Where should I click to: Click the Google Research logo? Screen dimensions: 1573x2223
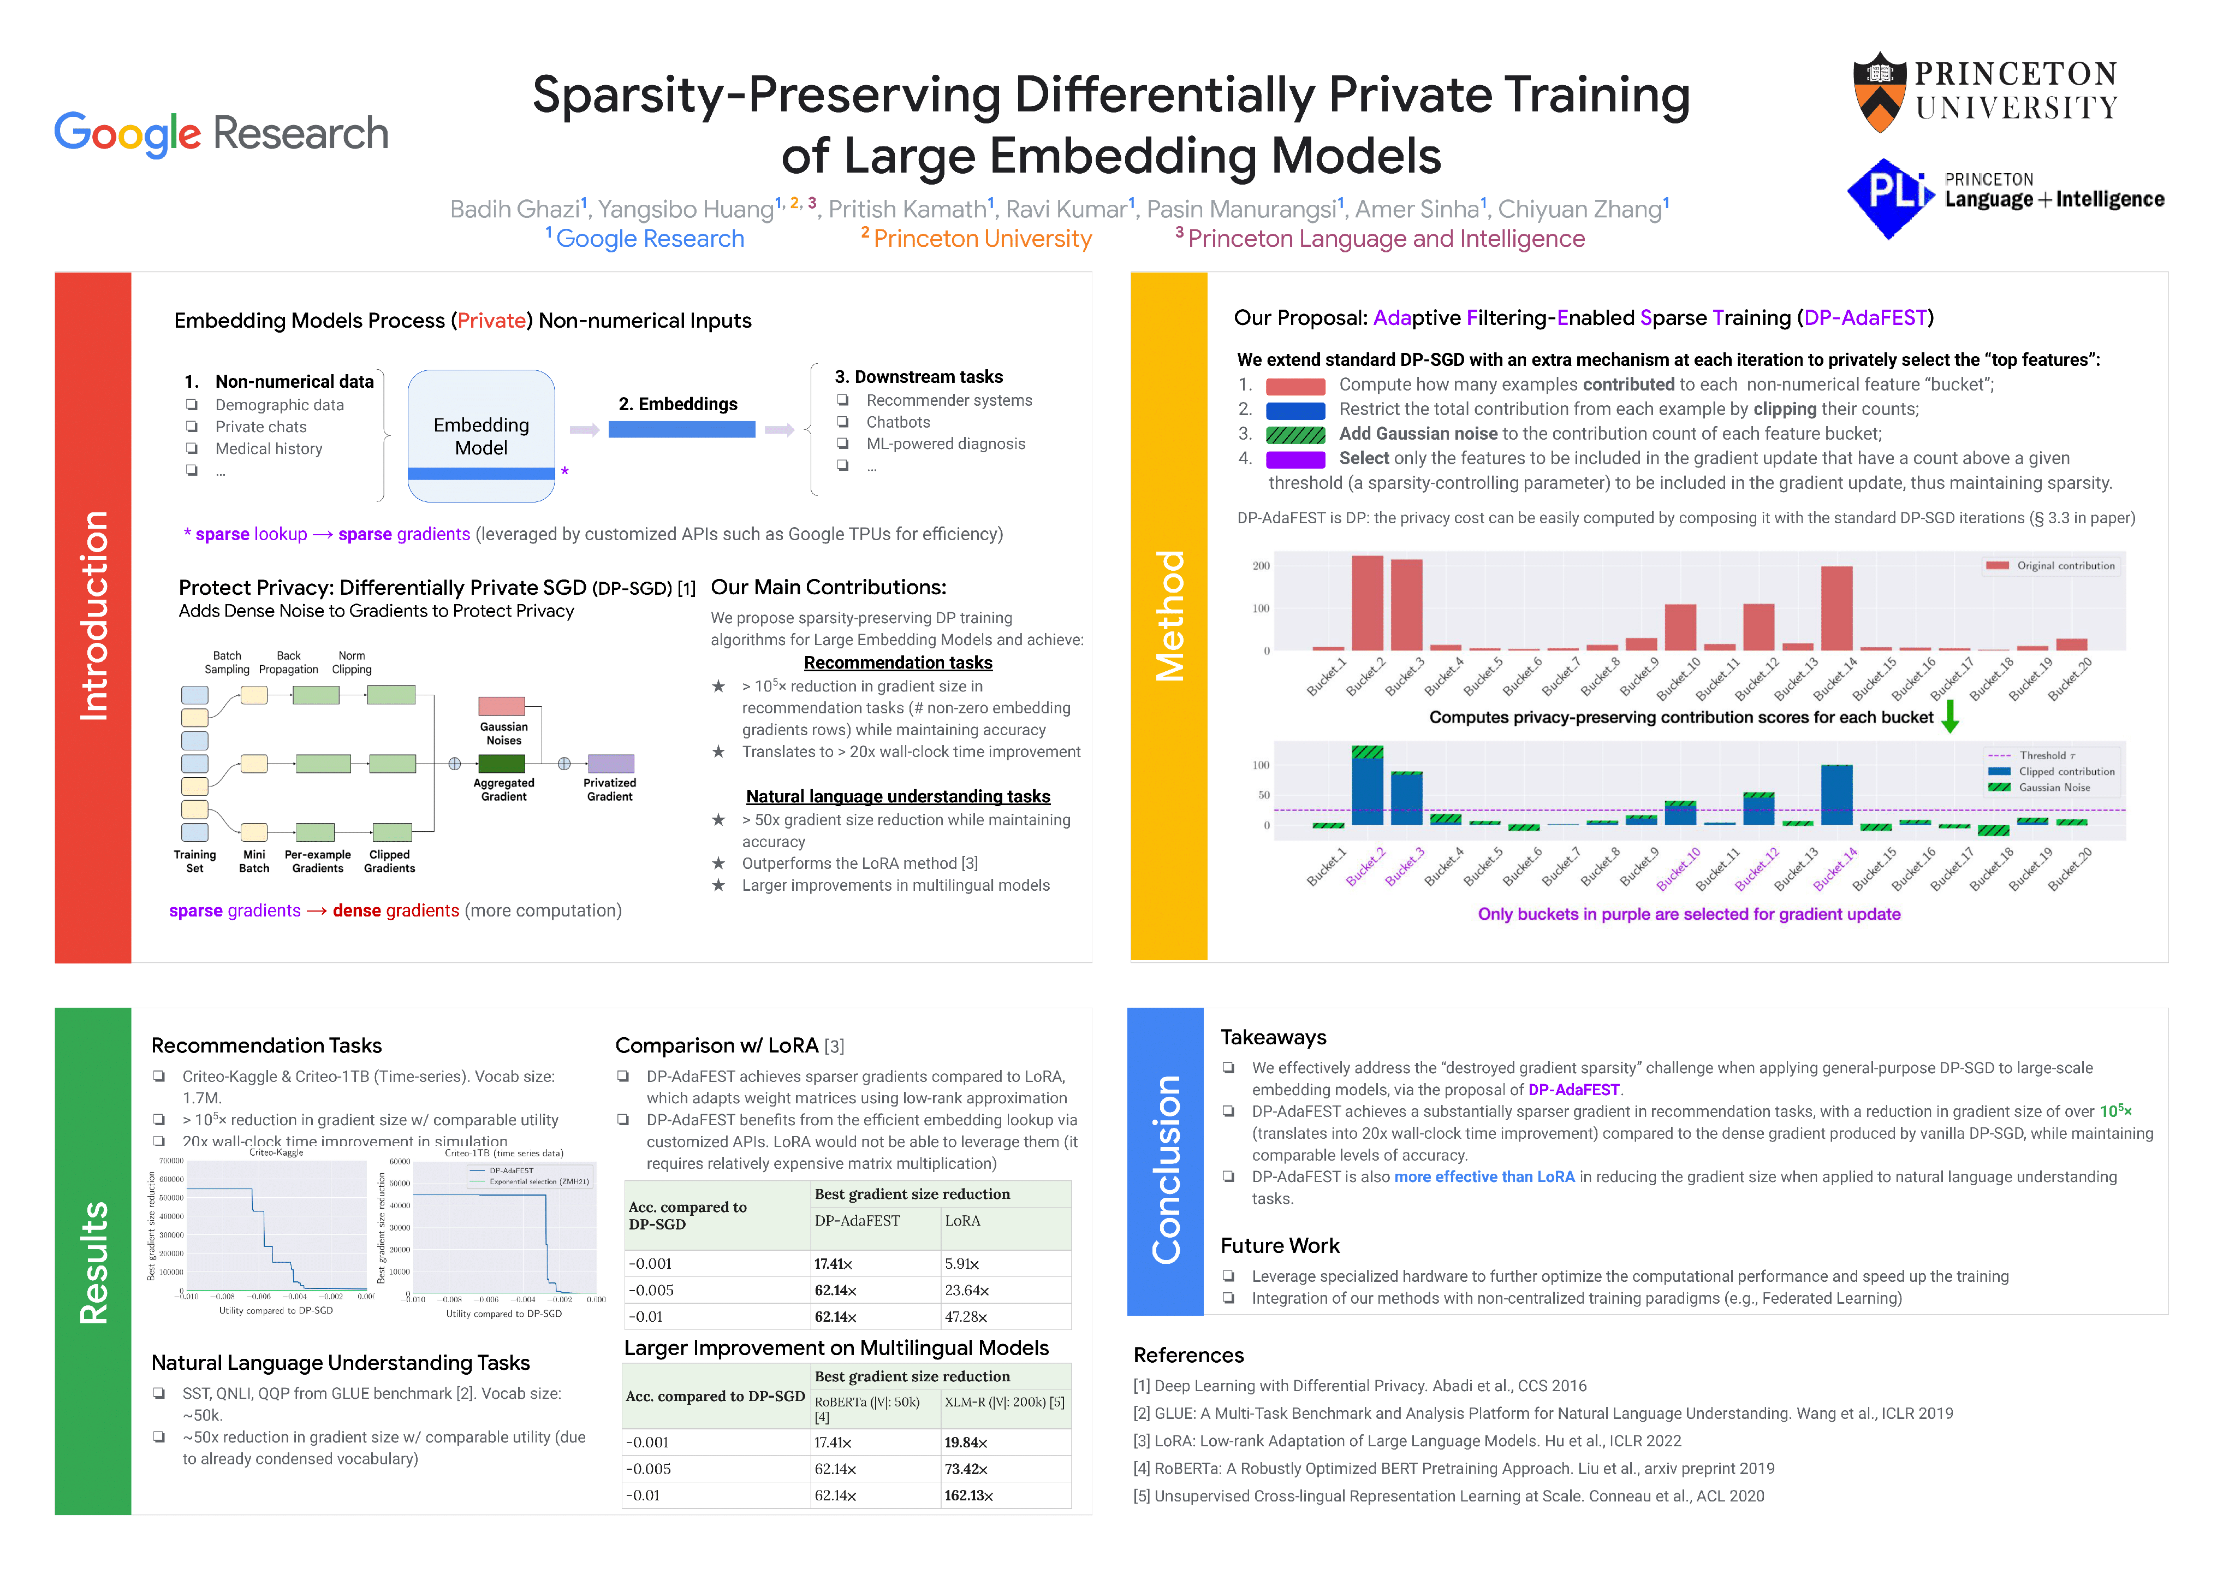(x=221, y=134)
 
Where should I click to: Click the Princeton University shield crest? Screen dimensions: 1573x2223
(x=1879, y=92)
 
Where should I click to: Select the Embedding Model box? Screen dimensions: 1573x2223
(x=481, y=436)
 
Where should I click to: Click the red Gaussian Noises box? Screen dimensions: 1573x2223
(x=502, y=706)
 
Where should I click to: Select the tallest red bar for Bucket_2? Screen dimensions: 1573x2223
(x=1367, y=602)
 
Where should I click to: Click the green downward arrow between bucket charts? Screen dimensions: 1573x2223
(x=1950, y=716)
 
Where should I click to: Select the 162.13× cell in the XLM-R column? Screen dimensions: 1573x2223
(x=969, y=1495)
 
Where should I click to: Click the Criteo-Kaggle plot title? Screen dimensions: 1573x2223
(x=276, y=1152)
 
